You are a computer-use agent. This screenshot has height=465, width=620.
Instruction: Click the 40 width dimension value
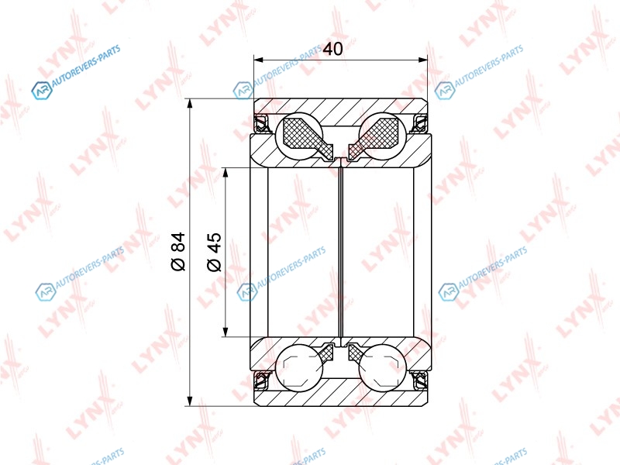point(332,49)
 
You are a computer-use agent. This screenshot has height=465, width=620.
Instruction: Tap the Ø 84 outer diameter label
point(178,251)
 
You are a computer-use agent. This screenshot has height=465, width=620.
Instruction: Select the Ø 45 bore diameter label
point(214,251)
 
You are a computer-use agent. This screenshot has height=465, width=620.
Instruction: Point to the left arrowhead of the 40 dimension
point(259,60)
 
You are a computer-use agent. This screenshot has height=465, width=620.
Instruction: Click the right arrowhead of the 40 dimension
point(423,60)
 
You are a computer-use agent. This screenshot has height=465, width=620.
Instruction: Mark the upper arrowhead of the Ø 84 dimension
point(190,103)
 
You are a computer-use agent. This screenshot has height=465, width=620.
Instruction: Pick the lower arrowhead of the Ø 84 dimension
point(190,401)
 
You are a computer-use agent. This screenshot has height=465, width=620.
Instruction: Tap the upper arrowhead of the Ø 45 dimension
point(226,172)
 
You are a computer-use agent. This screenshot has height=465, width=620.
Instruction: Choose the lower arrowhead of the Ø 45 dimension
point(226,332)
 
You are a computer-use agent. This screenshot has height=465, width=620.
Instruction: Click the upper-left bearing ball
point(299,137)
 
